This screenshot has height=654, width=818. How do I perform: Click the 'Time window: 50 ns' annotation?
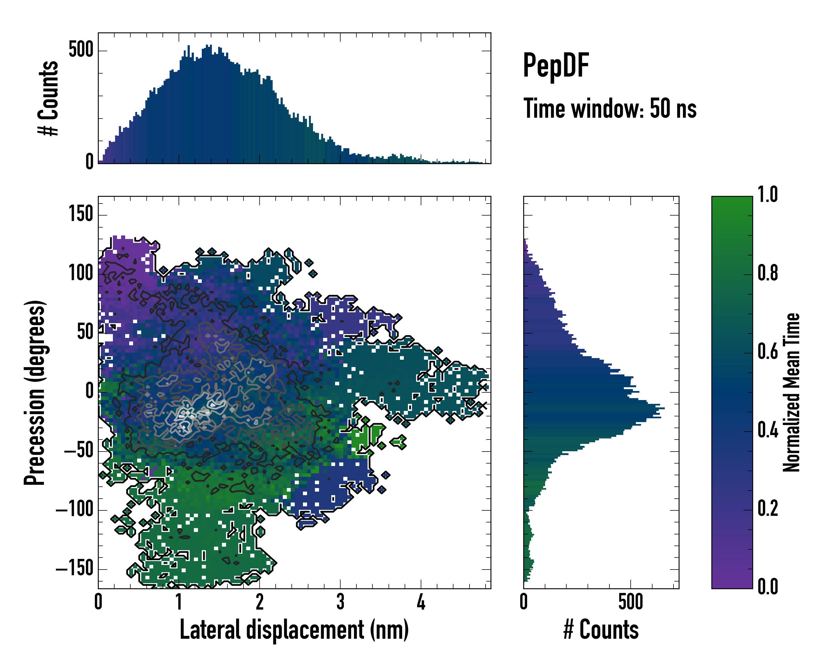click(x=610, y=108)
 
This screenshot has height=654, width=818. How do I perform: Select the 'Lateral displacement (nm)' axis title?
click(x=294, y=630)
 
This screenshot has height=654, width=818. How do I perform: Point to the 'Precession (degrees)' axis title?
click(x=35, y=392)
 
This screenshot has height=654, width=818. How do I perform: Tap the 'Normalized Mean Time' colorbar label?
click(x=791, y=392)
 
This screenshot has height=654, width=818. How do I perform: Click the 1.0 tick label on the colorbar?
click(x=768, y=195)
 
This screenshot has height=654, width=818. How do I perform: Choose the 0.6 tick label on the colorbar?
click(x=768, y=352)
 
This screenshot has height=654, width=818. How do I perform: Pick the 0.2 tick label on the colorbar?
click(x=768, y=508)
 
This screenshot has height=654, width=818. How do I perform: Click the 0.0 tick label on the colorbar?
click(x=768, y=586)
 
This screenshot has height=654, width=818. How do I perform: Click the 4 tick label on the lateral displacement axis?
click(x=421, y=602)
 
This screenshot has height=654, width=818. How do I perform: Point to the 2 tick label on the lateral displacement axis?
click(x=260, y=602)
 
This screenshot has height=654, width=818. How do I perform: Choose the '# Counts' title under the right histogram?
click(x=601, y=630)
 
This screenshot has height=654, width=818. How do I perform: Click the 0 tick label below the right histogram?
click(x=524, y=602)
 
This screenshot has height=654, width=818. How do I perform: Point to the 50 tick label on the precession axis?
click(x=85, y=332)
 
